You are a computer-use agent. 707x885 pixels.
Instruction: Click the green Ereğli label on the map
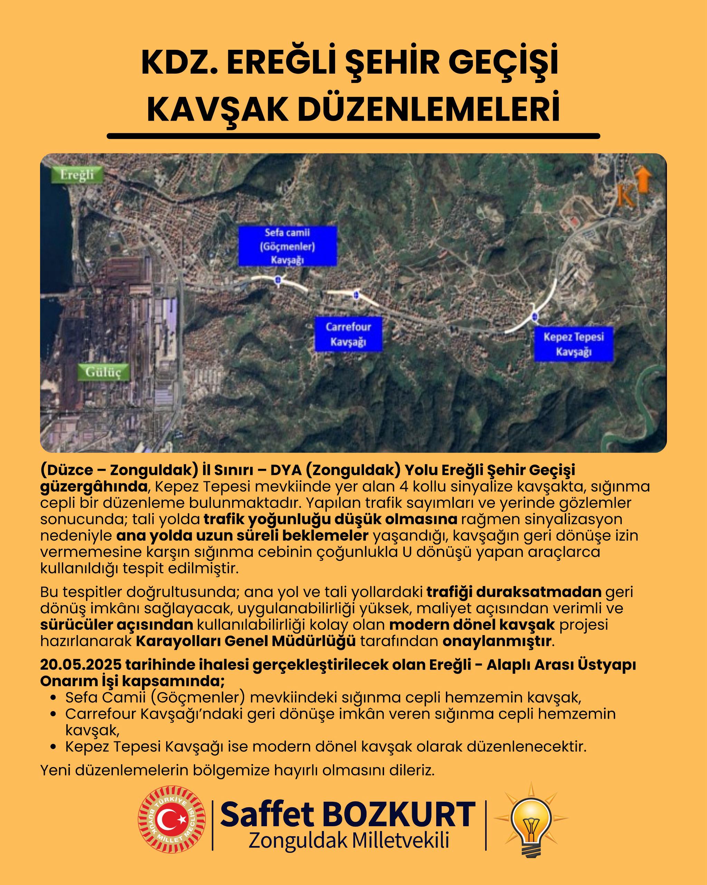click(x=77, y=175)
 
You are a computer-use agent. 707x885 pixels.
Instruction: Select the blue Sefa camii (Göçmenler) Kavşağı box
click(x=287, y=246)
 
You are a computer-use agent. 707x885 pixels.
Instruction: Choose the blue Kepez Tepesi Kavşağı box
click(x=573, y=344)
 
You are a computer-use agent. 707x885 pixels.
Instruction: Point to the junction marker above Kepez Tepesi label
click(x=534, y=316)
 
